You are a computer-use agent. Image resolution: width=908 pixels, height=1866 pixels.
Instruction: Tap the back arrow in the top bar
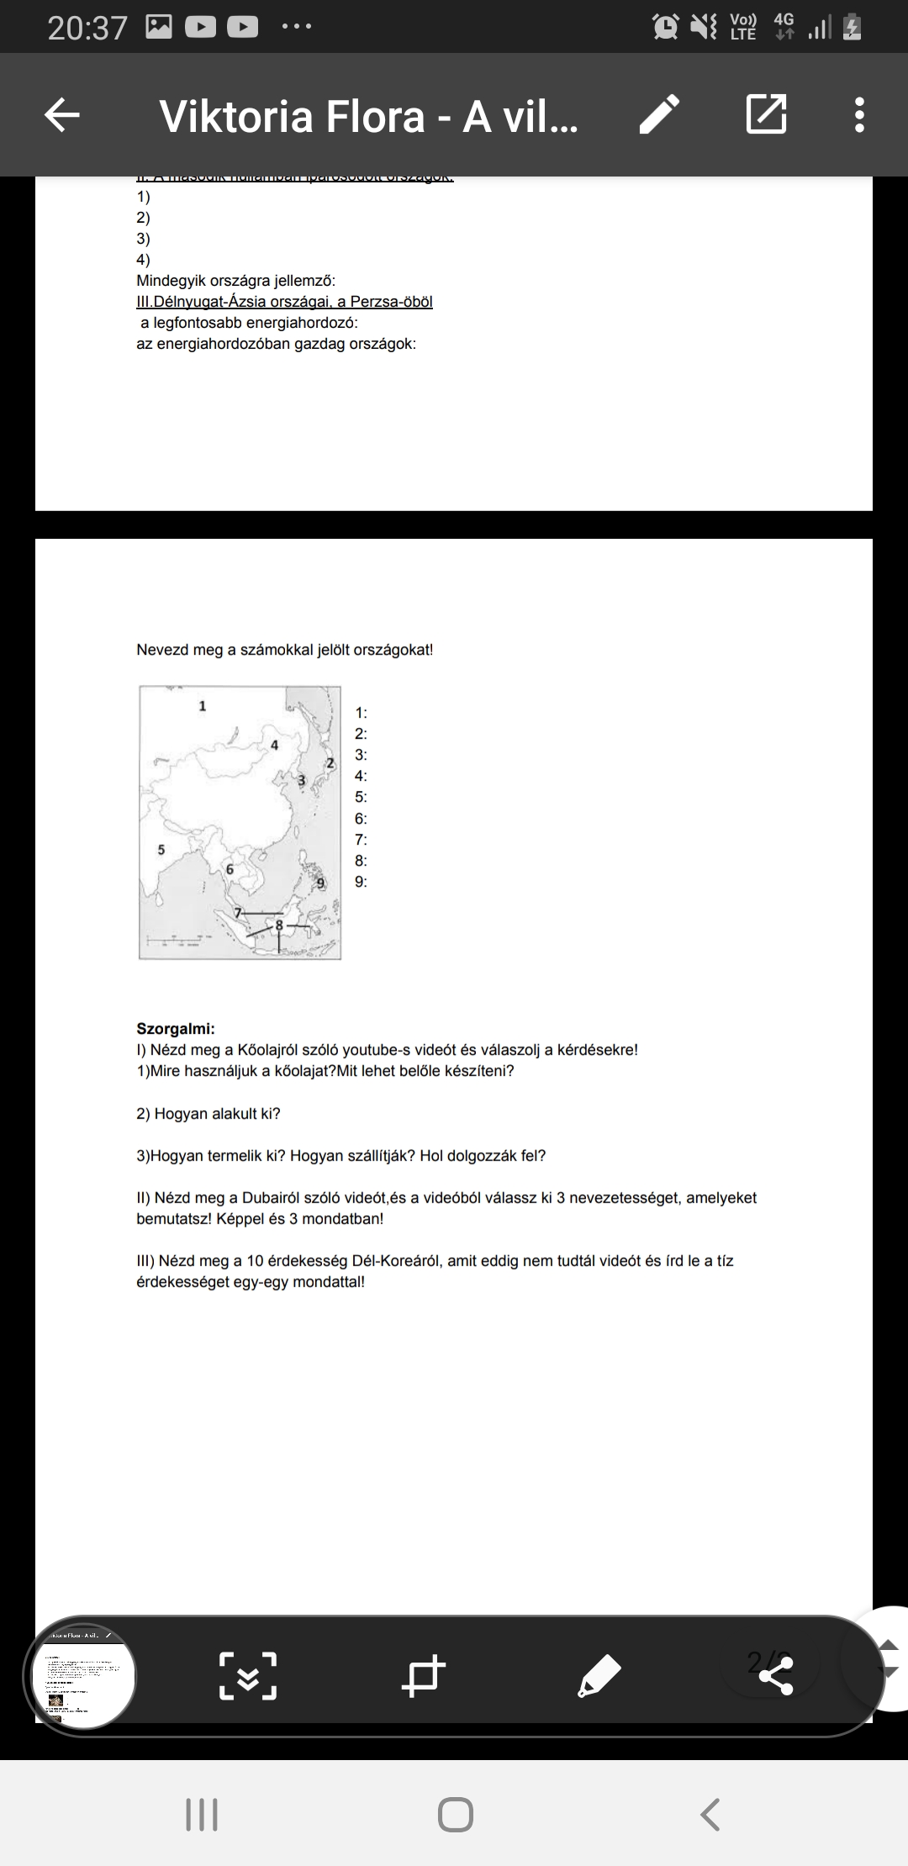coord(62,115)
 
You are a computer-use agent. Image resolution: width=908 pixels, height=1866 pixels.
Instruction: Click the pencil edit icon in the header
coord(658,115)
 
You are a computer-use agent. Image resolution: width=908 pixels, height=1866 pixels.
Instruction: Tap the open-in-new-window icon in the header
coord(766,115)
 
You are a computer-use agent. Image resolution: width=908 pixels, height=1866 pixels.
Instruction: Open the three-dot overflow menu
coord(858,115)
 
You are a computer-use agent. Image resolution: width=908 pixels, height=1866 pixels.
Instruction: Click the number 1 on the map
coord(202,706)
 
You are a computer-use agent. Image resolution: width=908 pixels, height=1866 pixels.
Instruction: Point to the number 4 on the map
coord(274,745)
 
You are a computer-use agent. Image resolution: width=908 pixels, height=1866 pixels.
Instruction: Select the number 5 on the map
coord(161,850)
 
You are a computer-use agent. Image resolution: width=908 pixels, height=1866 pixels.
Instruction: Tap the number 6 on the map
coord(230,869)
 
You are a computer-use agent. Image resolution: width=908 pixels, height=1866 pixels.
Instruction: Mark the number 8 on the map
coord(280,925)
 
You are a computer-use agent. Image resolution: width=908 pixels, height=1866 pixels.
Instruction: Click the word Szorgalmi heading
coord(175,1029)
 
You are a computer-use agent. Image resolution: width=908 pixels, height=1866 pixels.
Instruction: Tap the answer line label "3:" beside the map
coord(361,755)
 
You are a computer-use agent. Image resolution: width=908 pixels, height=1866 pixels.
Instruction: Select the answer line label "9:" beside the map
coord(361,882)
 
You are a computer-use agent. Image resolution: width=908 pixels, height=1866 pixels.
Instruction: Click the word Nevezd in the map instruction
coord(164,650)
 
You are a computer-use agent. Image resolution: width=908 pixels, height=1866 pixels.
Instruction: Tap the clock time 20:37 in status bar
coord(87,29)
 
